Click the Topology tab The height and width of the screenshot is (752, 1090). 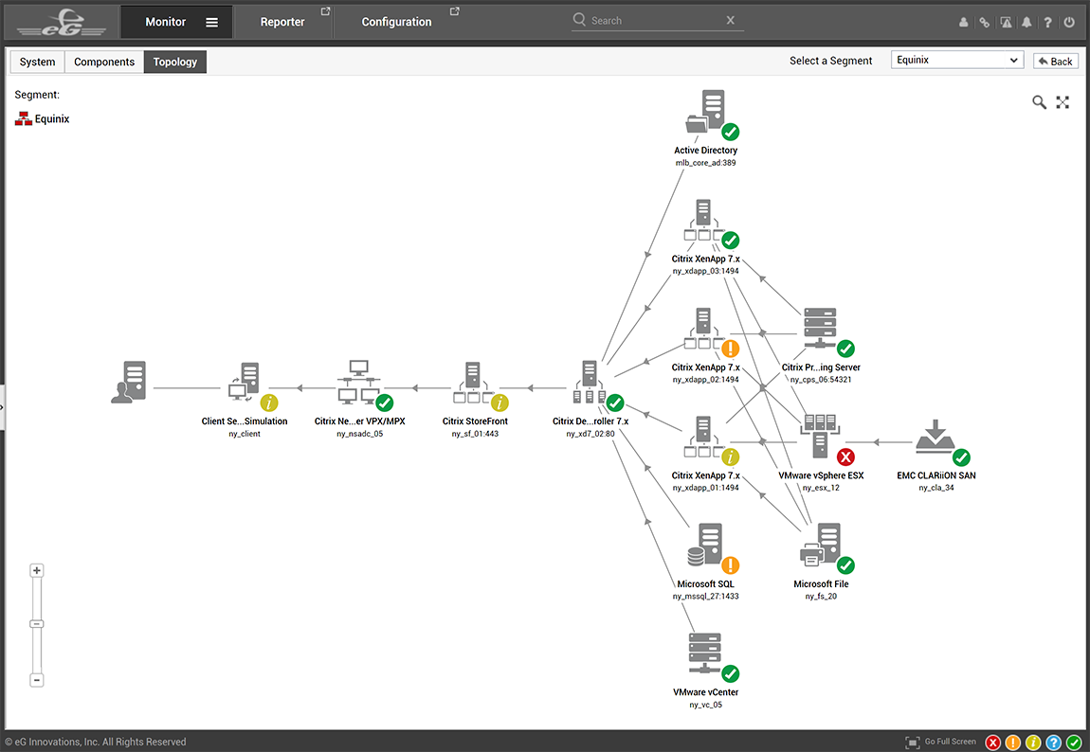175,62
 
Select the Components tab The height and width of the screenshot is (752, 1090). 104,62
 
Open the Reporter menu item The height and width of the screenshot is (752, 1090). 282,22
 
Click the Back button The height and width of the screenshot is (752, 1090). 1055,62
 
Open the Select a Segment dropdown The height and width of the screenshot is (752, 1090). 957,60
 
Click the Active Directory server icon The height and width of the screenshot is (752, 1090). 706,111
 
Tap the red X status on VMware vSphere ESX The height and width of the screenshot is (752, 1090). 845,457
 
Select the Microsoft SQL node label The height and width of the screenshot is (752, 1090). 705,584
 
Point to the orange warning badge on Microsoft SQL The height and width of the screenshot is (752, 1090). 730,565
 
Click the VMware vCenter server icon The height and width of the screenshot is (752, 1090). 705,654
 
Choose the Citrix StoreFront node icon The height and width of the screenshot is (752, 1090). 473,383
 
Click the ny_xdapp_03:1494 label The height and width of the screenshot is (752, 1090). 705,271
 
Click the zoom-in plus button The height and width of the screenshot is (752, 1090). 37,571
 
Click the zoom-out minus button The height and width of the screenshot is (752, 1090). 37,680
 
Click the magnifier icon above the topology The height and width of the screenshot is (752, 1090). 1039,103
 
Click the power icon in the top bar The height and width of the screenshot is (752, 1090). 1069,22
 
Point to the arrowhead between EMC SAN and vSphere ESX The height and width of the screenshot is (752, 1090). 877,441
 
